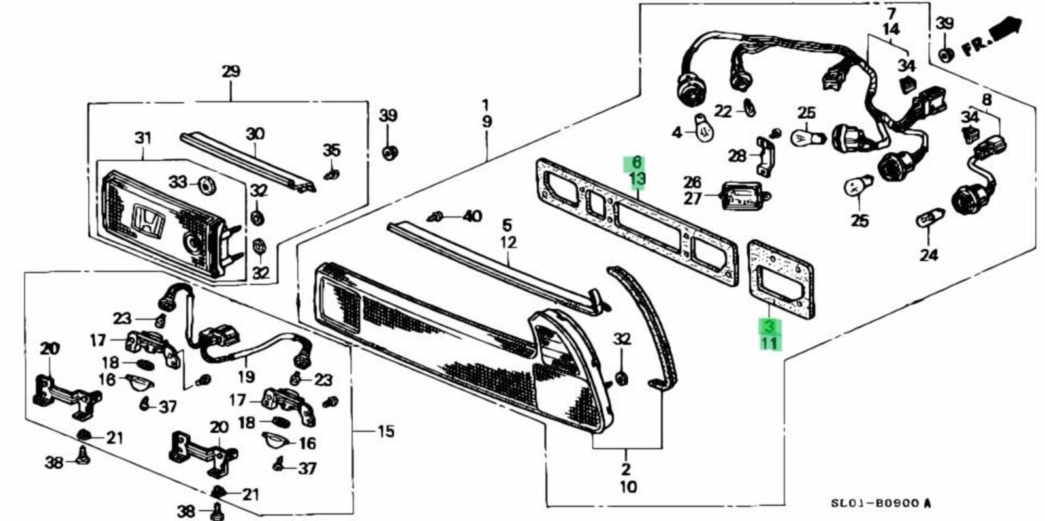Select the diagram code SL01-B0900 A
click(881, 503)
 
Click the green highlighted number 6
click(637, 163)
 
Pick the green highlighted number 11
click(769, 344)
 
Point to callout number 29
click(231, 71)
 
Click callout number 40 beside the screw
click(473, 216)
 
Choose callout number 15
click(385, 432)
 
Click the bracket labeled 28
click(767, 157)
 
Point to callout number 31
click(143, 138)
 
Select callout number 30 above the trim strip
click(255, 134)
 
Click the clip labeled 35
click(331, 176)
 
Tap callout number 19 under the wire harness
click(246, 376)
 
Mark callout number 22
click(724, 111)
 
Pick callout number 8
click(987, 99)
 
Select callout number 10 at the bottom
click(628, 487)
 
